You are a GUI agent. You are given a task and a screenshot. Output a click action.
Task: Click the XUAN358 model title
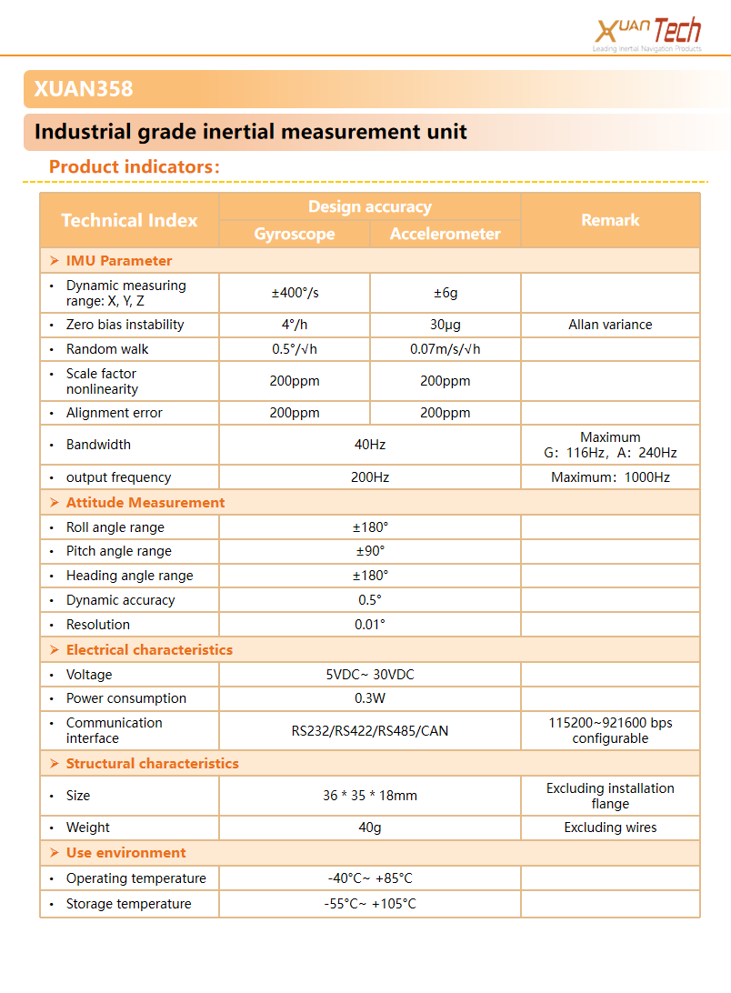click(84, 89)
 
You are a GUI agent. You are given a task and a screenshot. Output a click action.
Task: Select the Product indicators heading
click(135, 167)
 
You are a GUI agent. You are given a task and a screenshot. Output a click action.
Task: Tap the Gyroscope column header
click(295, 234)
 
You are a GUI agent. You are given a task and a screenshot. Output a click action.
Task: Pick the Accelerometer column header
click(445, 234)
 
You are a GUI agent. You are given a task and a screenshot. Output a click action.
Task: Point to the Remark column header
click(610, 220)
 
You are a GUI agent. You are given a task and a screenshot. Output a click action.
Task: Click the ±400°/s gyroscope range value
click(295, 293)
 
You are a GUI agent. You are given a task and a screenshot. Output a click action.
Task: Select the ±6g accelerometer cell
click(446, 293)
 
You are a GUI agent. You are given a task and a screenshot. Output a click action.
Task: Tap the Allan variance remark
click(610, 325)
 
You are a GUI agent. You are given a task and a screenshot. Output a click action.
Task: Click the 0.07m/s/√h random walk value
click(446, 349)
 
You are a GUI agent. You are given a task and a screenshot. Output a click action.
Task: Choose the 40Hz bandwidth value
click(370, 445)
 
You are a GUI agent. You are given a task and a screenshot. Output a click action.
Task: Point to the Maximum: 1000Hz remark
click(610, 477)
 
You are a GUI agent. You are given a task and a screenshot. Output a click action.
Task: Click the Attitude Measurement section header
click(145, 503)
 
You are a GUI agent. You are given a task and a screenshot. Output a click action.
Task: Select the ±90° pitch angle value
click(370, 551)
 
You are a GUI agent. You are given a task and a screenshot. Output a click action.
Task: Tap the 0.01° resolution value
click(370, 625)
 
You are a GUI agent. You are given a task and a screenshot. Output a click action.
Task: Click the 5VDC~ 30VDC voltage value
click(370, 675)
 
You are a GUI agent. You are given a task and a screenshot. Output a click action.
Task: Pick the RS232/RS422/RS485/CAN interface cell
click(370, 730)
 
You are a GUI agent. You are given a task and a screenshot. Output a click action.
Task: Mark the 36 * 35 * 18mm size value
click(370, 796)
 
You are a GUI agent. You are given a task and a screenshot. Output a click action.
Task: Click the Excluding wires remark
click(610, 827)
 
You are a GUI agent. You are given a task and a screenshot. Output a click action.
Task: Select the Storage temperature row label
click(128, 904)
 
